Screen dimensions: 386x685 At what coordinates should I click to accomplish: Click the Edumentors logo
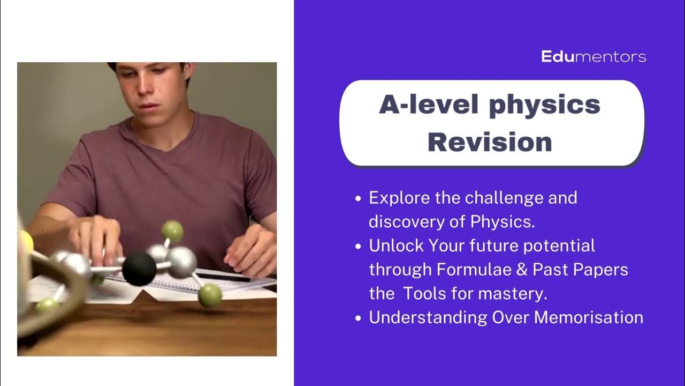click(593, 56)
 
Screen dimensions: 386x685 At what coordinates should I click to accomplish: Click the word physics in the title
click(544, 105)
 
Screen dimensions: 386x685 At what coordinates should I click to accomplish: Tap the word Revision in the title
click(490, 142)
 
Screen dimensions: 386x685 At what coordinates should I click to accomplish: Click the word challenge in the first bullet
click(496, 198)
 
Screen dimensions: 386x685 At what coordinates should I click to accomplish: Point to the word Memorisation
click(589, 317)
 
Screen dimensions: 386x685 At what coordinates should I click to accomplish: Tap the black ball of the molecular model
click(139, 269)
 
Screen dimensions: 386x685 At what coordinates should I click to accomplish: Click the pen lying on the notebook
click(225, 277)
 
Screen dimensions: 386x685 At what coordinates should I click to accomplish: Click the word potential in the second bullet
click(559, 246)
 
